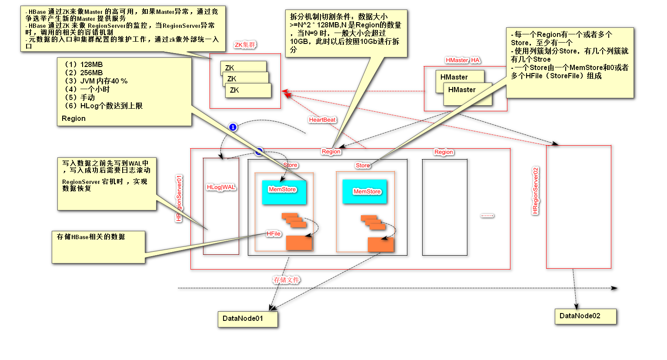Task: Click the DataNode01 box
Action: click(x=247, y=319)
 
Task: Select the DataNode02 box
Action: click(x=585, y=316)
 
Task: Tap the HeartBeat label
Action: click(x=322, y=120)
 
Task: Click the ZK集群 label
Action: click(x=245, y=45)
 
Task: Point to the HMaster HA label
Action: click(x=463, y=60)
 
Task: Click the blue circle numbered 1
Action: click(x=233, y=127)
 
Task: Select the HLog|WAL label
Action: click(x=221, y=187)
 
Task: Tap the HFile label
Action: click(x=273, y=234)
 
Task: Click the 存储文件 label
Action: click(x=286, y=280)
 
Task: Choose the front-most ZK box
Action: click(x=248, y=90)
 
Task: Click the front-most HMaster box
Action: click(x=467, y=93)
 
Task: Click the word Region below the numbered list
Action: click(x=73, y=119)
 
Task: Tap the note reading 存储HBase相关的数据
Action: click(x=91, y=237)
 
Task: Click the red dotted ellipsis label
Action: click(x=487, y=216)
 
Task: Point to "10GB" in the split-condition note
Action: click(x=299, y=42)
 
